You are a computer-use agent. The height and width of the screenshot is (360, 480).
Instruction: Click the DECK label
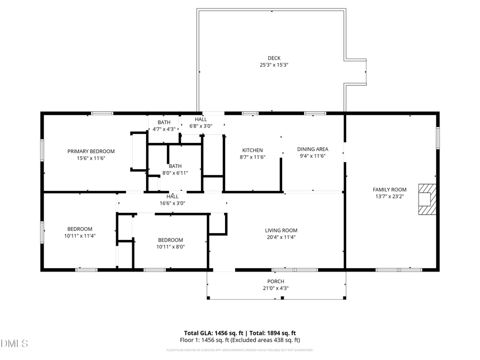click(274, 58)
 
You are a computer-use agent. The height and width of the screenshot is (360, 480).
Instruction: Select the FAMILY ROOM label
click(389, 189)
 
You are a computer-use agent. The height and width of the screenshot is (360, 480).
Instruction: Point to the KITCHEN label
click(252, 150)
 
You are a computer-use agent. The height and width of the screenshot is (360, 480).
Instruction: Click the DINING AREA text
click(313, 149)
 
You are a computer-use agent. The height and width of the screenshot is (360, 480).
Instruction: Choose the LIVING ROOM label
click(281, 230)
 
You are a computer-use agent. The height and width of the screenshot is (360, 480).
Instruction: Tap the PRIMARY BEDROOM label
click(91, 151)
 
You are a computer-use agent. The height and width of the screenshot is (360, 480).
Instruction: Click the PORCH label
click(276, 282)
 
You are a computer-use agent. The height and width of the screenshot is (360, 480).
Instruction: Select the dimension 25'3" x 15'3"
click(274, 65)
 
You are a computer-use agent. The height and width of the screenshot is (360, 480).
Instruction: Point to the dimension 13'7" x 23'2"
click(389, 196)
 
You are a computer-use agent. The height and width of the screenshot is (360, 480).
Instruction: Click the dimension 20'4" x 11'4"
click(281, 237)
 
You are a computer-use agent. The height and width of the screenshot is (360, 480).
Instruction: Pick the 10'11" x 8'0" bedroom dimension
click(170, 247)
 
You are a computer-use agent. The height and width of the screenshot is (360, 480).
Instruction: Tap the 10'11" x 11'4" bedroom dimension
click(79, 235)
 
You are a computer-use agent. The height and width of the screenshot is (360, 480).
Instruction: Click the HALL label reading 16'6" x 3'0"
click(172, 203)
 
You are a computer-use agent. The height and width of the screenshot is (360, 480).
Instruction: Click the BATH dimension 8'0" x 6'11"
click(175, 173)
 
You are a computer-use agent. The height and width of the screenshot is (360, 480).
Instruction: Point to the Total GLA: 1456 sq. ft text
click(210, 332)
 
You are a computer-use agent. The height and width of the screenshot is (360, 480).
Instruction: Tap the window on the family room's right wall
click(438, 137)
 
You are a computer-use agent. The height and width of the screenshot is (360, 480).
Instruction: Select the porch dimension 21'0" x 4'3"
click(276, 289)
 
